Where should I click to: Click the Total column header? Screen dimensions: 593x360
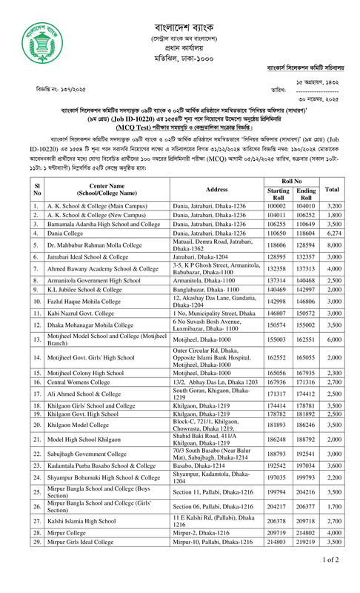[x=332, y=189]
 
